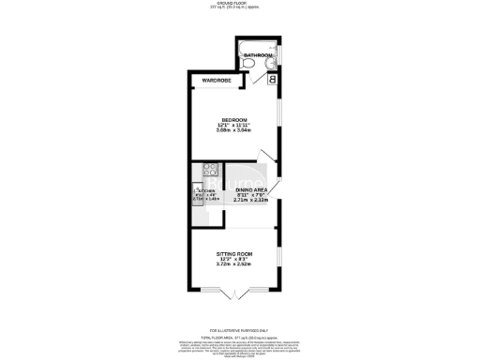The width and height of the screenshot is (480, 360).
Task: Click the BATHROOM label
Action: [x=258, y=56]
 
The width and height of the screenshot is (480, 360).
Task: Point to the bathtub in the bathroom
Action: [x=253, y=46]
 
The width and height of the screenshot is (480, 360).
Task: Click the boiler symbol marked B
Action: [x=272, y=81]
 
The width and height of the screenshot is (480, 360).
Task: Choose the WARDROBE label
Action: [x=217, y=81]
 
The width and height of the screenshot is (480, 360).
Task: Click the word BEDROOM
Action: [x=234, y=120]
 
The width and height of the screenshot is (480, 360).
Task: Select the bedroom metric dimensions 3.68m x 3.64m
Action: [x=234, y=131]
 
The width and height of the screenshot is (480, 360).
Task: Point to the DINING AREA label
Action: [x=250, y=188]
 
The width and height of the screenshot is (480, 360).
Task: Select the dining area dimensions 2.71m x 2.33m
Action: [x=250, y=200]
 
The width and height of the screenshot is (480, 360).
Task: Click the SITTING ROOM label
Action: [x=234, y=255]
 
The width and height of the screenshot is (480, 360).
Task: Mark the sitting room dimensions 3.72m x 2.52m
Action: [x=234, y=266]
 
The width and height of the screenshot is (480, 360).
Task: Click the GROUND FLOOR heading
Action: [x=240, y=4]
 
